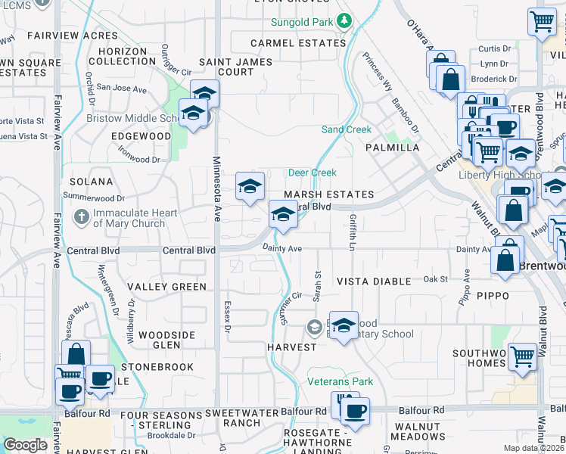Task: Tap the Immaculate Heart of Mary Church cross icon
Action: pos(82,218)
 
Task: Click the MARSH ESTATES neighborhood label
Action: pos(329,194)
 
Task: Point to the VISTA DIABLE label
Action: pos(374,281)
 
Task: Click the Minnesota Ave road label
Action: pos(216,189)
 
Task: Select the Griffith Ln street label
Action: pos(352,232)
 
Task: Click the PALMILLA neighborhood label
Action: pos(393,148)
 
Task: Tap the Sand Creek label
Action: pos(347,129)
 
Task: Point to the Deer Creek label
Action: pos(312,173)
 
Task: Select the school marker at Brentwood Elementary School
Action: pos(344,326)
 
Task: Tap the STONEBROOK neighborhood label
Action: pos(157,367)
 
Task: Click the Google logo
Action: pos(26,445)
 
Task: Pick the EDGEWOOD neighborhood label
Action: pos(141,135)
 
